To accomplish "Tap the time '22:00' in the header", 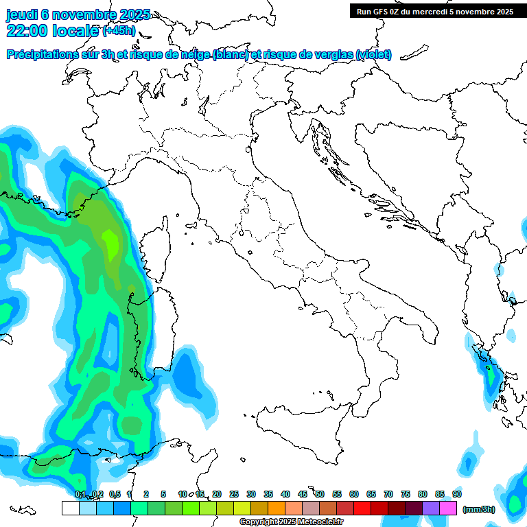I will click(x=27, y=31).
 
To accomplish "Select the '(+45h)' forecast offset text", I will click(x=119, y=31).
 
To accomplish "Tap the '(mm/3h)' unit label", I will click(x=478, y=509).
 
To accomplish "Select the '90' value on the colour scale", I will click(x=457, y=494).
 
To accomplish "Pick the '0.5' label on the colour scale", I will click(x=114, y=494).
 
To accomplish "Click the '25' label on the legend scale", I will click(x=234, y=494).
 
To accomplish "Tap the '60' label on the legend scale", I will click(x=354, y=494).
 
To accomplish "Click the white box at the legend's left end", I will click(x=70, y=508).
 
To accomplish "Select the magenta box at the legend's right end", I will click(x=448, y=508).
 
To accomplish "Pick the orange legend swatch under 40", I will click(x=277, y=508).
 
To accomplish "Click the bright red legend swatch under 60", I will click(x=362, y=508).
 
